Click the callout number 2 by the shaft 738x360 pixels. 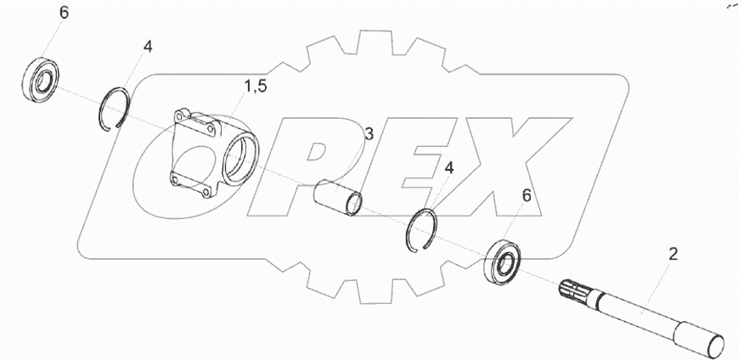(673, 255)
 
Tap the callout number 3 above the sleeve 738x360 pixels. (369, 134)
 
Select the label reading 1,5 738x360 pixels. (255, 87)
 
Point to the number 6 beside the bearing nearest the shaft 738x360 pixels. (527, 196)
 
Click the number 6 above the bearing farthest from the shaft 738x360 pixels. (64, 13)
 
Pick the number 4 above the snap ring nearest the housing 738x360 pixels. (148, 47)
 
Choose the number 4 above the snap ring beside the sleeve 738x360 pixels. (449, 168)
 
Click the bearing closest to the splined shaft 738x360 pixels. (503, 262)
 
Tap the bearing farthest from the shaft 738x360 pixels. (41, 77)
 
